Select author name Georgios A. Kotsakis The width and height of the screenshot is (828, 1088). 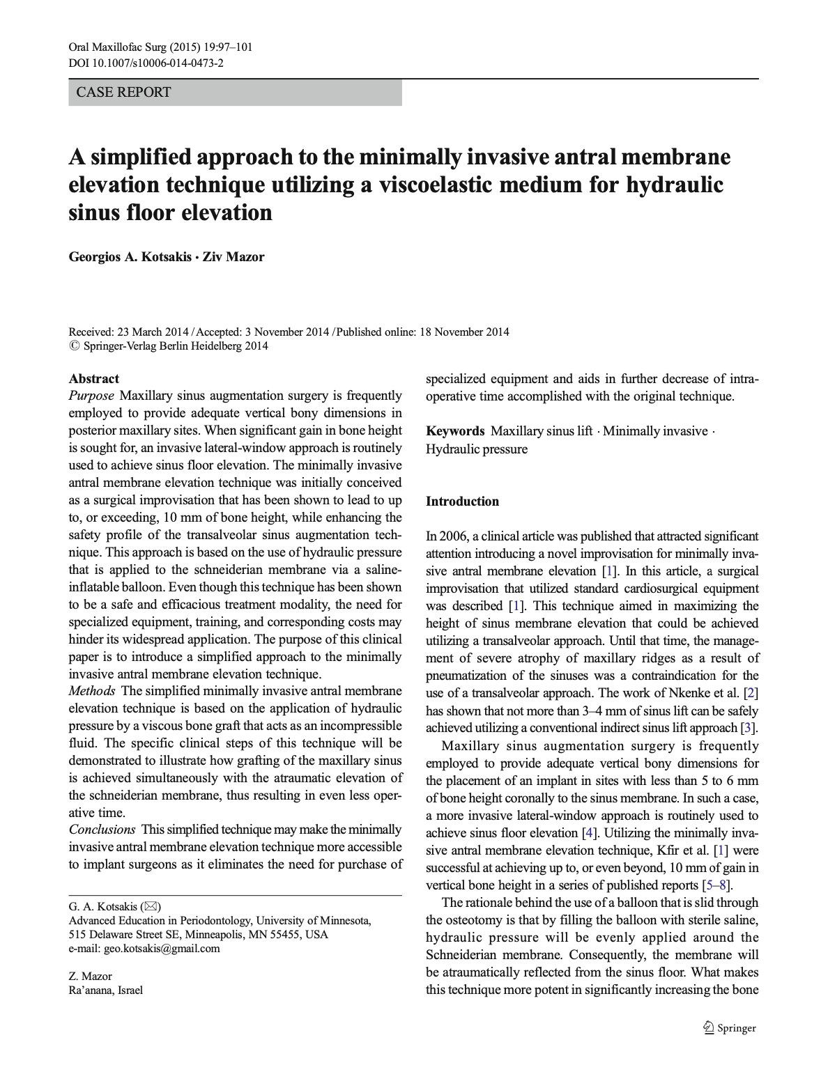pos(130,257)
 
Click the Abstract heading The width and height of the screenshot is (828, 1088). pos(93,379)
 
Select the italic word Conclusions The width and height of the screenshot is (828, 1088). pos(102,830)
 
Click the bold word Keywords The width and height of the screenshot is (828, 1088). pos(455,431)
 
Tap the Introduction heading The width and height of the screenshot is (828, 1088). pos(462,502)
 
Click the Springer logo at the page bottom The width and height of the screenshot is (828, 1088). pos(730,1027)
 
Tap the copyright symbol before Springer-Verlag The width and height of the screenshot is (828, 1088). pos(74,346)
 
